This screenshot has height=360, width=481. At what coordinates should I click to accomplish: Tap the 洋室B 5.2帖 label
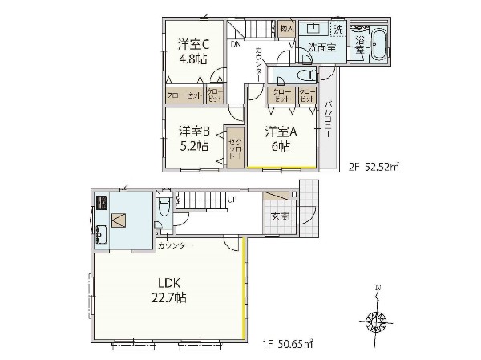point(194,137)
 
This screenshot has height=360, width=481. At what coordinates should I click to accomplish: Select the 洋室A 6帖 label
point(281,137)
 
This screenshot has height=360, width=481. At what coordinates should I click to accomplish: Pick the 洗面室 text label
point(321,47)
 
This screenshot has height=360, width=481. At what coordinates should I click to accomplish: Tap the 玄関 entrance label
point(280,216)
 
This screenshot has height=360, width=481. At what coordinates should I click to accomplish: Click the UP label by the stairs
point(232,198)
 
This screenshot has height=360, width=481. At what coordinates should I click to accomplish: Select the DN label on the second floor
point(235,44)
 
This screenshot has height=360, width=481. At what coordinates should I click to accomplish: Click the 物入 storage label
point(286,29)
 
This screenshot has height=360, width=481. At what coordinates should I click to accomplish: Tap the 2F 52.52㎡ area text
point(374,168)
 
